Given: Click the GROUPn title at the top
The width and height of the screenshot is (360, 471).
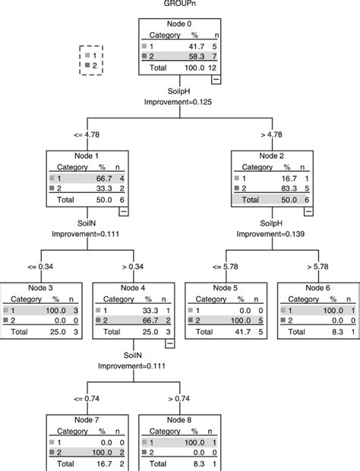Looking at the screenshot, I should click(x=179, y=5).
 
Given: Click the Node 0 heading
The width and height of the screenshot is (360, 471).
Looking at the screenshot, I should click(x=179, y=24).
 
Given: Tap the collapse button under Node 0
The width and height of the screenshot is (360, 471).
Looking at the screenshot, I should click(x=216, y=78).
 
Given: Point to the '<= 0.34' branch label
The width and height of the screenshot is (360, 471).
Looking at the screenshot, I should click(x=39, y=268).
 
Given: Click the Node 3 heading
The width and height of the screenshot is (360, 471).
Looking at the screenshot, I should click(x=39, y=288).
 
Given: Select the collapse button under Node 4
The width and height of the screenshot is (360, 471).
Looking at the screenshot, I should click(x=169, y=343).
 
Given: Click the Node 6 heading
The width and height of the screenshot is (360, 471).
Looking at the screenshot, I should click(x=318, y=288).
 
